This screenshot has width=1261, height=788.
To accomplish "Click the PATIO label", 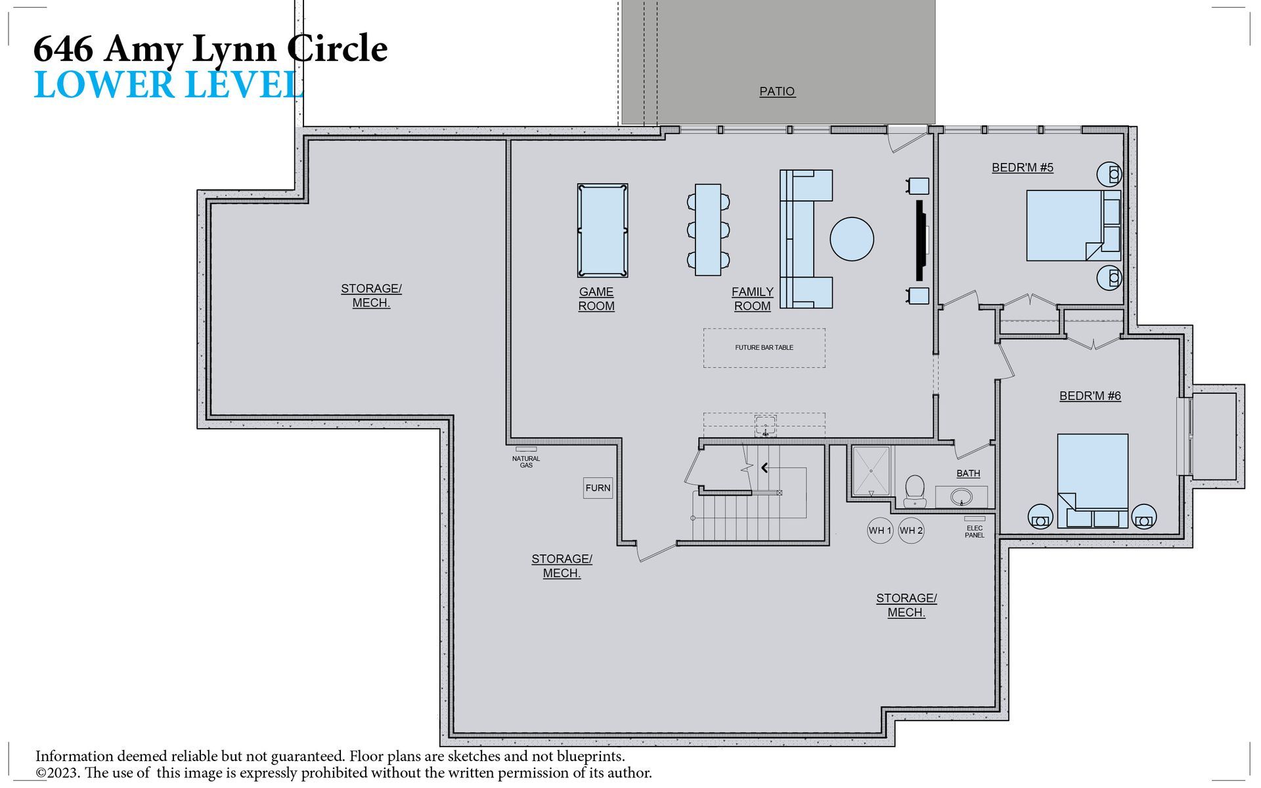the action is click(x=777, y=91).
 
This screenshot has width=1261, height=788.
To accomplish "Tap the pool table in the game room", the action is click(x=602, y=230).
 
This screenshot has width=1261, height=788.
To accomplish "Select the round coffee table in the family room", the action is click(x=852, y=239).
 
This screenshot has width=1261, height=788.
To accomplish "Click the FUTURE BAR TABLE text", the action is click(x=764, y=347).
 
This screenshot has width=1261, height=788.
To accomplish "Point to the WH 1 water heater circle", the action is click(x=880, y=531).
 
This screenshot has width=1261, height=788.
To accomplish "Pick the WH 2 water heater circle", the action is click(x=911, y=531).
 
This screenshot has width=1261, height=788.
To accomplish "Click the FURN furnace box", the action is click(x=598, y=488).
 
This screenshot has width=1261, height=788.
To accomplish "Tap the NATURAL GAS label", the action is click(x=526, y=462).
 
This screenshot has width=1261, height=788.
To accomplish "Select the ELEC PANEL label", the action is click(x=975, y=531).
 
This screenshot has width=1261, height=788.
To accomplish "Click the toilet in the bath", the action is click(x=914, y=491).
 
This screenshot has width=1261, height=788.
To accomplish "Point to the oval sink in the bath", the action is click(x=962, y=496).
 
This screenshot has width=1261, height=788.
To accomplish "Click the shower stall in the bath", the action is click(x=871, y=471).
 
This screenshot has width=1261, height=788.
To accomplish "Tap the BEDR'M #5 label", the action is click(x=1023, y=167).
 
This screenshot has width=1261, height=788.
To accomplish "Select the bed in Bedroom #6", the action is click(x=1093, y=481).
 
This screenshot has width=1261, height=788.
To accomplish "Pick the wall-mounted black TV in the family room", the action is click(x=921, y=240).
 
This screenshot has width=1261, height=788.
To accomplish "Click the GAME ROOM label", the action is click(x=596, y=299).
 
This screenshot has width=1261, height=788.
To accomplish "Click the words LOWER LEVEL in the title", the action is click(x=169, y=85).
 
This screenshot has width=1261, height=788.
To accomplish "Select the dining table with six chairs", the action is click(x=708, y=230).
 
